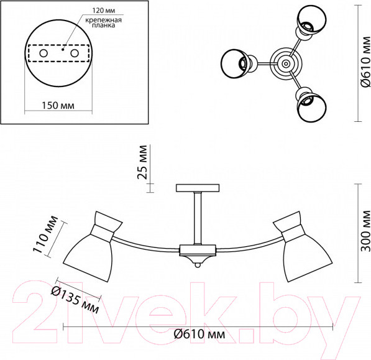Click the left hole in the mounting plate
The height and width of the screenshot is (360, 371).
[x=43, y=55]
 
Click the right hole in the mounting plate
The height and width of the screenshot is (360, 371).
[x=75, y=55]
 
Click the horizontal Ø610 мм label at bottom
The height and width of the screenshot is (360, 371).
[x=198, y=335]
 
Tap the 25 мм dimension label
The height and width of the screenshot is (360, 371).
[x=144, y=162]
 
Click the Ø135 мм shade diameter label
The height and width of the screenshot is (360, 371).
[x=74, y=297]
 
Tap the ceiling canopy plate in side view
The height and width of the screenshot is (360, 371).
[x=198, y=188]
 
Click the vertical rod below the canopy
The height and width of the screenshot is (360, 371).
[x=198, y=218]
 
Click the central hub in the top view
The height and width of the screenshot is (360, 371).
[x=285, y=62]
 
